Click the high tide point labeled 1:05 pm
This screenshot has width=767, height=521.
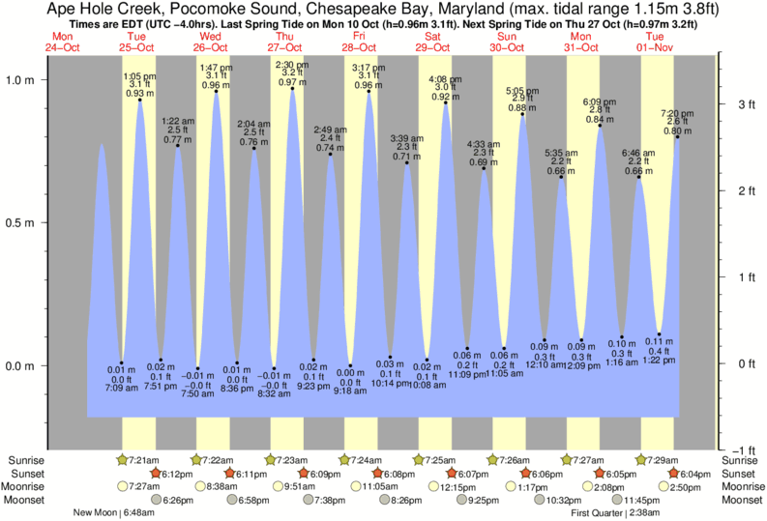[x=140, y=100]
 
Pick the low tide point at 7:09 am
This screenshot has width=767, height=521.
[x=122, y=362]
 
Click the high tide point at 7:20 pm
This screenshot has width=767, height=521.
[x=677, y=137]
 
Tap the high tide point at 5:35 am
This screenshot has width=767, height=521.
[x=560, y=177]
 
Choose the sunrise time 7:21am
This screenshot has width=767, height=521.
[x=144, y=459]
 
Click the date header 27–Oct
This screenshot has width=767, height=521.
[x=286, y=45]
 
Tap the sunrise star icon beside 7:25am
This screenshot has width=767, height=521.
[x=420, y=459]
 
